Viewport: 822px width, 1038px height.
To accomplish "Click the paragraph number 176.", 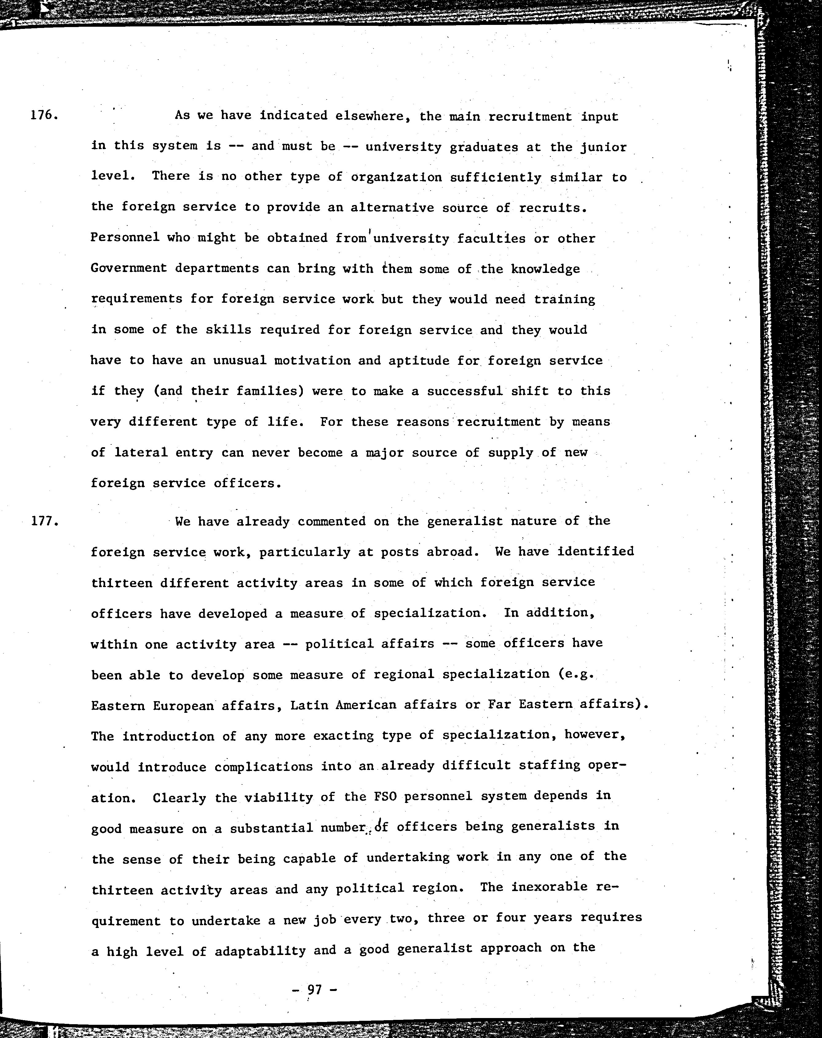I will [44, 116].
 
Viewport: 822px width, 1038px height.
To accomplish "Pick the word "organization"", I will [396, 177].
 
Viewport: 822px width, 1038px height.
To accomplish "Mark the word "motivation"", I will [312, 361].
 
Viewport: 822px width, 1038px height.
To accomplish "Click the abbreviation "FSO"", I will [385, 796].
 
